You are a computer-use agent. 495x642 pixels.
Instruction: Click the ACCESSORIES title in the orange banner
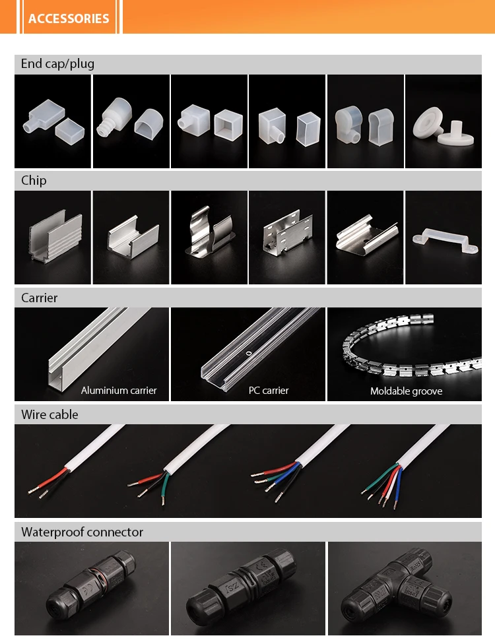tap(69, 18)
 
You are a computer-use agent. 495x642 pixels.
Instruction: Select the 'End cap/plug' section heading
tap(57, 64)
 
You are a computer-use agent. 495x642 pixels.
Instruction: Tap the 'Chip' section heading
tap(34, 181)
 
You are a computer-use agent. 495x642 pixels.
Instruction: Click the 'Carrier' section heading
tap(39, 298)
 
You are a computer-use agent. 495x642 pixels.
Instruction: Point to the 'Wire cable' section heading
tap(49, 415)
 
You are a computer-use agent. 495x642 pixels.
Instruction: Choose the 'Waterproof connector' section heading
tap(82, 532)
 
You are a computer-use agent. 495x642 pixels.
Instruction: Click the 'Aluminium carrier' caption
tap(119, 391)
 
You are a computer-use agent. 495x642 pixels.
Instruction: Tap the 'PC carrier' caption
tap(269, 391)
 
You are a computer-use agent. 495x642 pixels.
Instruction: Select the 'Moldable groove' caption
tap(406, 391)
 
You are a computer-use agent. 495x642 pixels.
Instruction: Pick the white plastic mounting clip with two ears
tap(444, 242)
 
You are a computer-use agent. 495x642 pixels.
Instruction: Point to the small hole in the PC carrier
tap(248, 354)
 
